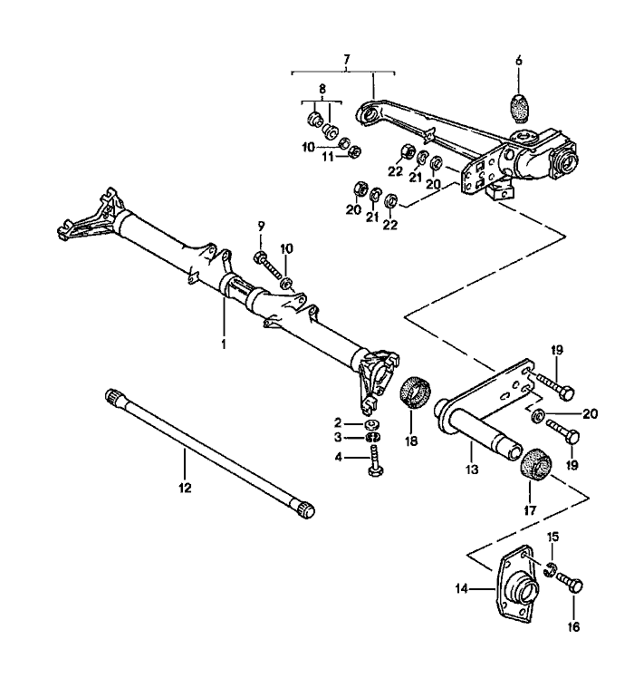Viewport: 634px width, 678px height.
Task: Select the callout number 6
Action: [x=519, y=61]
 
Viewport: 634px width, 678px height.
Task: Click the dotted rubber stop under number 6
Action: [x=519, y=108]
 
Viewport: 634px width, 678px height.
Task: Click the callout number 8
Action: [x=322, y=89]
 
